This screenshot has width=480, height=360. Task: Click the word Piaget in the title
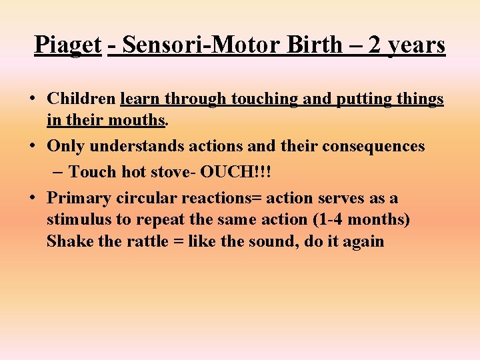[67, 45]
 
